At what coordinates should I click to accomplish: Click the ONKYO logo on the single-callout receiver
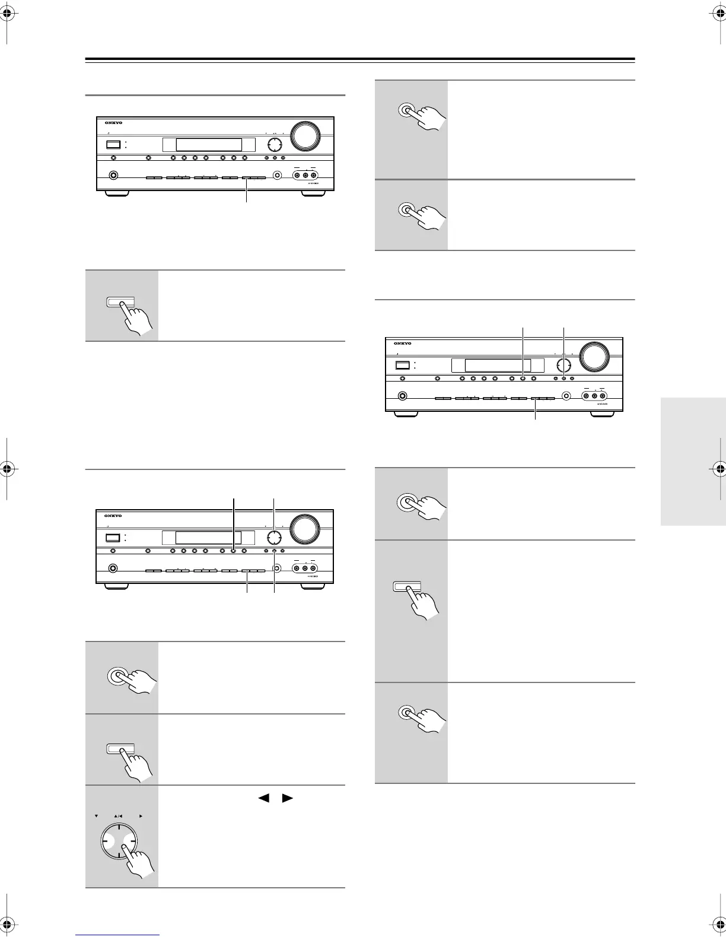pos(113,123)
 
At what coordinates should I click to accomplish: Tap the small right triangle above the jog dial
pos(141,816)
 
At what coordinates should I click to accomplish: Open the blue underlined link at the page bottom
pos(118,935)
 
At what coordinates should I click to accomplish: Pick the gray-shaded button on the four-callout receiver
pos(154,571)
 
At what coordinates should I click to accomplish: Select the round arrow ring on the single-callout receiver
pos(274,145)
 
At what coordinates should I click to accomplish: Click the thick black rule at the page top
pos(360,59)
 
